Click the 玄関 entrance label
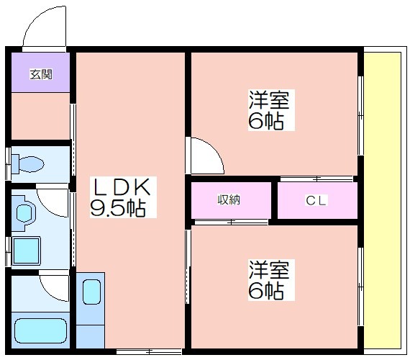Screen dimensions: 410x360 tap(41, 74)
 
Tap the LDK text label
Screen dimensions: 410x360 tap(122, 186)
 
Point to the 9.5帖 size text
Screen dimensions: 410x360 tap(118, 208)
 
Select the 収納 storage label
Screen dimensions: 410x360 tap(229, 199)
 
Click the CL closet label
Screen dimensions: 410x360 tap(316, 201)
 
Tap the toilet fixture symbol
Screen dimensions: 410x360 tap(28, 164)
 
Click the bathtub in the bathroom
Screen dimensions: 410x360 tap(40, 330)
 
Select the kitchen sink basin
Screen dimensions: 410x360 tap(91, 292)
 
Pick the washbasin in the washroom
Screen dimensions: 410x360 tap(26, 213)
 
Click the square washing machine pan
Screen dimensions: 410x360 tap(26, 251)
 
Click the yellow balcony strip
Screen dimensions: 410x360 tap(383, 200)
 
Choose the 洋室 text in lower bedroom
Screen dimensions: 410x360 tap(269, 270)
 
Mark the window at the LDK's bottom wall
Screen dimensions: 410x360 tap(149, 351)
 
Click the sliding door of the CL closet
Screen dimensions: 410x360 tap(316, 179)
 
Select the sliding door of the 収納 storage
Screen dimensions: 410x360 tap(232, 222)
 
